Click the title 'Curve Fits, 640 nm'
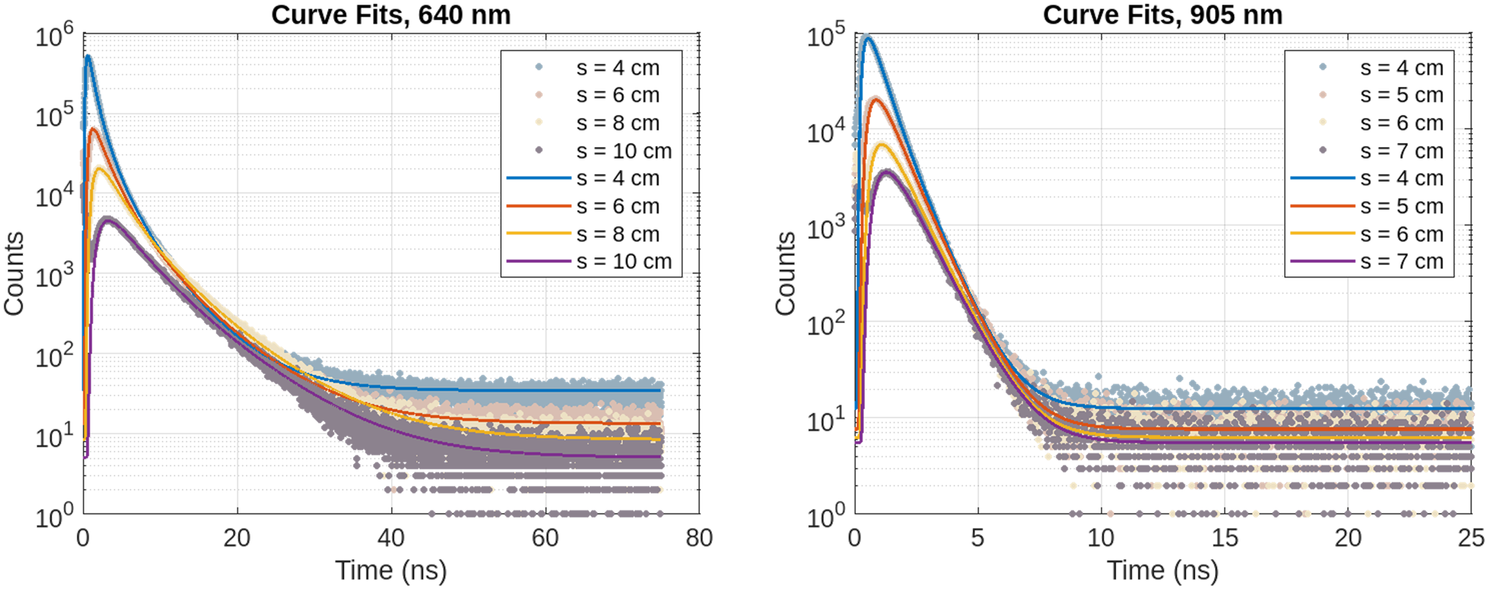391,14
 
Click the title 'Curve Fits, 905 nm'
1162,14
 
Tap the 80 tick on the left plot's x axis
699,538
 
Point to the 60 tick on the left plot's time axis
545,538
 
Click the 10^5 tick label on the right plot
826,34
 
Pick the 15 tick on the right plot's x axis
1225,538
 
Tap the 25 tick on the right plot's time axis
1471,538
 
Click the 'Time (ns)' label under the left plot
391,571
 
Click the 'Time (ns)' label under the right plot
1162,571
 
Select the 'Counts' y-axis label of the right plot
785,274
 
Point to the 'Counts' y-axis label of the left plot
14,274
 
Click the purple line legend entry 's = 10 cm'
589,261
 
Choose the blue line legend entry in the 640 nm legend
583,178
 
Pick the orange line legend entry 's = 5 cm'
1367,206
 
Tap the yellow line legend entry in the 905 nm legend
1367,234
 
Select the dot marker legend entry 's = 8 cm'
598,123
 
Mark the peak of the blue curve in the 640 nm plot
88,56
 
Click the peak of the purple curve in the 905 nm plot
885,172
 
